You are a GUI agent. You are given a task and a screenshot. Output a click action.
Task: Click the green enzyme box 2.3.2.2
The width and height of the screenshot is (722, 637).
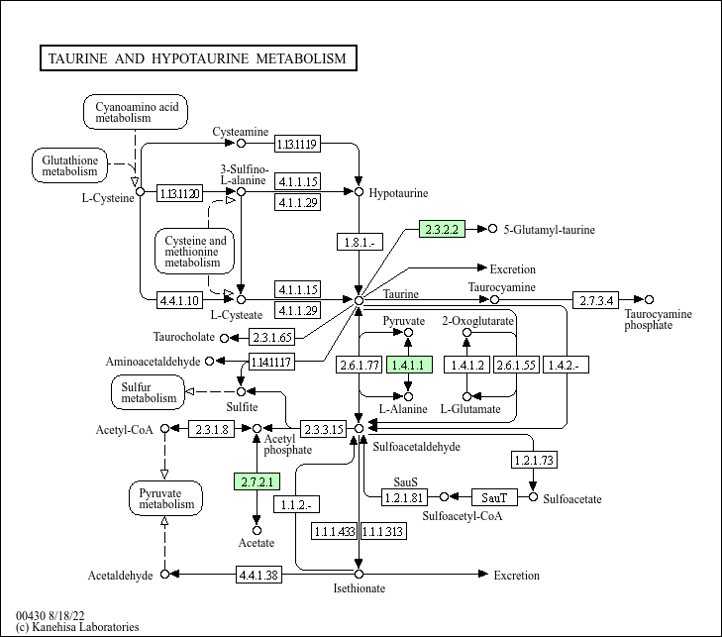pos(442,229)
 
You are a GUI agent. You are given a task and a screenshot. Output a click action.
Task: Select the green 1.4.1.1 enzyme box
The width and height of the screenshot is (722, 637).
pos(409,365)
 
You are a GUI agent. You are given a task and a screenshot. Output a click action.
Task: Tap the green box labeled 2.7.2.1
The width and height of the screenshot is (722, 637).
pos(257,481)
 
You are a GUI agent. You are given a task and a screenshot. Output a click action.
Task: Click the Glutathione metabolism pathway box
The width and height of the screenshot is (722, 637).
pos(69,165)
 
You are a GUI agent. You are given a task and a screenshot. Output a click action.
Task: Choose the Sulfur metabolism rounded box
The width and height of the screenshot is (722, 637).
pos(148,392)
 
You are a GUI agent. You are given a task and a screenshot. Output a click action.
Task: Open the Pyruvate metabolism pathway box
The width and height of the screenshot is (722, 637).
pos(165,498)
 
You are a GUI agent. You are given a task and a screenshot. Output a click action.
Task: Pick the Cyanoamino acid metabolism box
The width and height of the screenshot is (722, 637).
pos(136,112)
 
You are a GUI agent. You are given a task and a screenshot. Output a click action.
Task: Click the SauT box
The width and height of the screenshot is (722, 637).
pos(494,497)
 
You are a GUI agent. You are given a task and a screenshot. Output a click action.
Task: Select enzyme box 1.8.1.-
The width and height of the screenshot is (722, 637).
pos(361,242)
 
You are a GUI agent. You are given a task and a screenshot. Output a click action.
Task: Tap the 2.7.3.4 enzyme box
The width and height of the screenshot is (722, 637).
pos(596,300)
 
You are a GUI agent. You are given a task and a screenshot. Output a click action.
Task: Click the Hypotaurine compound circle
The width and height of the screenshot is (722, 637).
pos(359,191)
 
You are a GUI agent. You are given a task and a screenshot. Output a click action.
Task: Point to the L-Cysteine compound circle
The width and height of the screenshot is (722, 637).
pos(140,191)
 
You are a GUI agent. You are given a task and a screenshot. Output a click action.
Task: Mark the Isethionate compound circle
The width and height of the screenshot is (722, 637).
pos(359,574)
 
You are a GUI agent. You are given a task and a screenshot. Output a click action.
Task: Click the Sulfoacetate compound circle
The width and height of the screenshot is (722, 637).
pos(533,497)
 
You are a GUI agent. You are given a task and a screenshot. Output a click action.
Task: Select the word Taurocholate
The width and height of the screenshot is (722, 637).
pos(184,337)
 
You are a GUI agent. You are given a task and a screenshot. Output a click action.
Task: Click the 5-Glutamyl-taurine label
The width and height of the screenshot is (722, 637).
pos(549,230)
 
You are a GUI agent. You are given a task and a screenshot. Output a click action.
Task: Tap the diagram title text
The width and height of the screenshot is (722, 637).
pos(197,58)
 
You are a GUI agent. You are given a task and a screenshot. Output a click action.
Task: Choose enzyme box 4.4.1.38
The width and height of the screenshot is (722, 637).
pos(258,575)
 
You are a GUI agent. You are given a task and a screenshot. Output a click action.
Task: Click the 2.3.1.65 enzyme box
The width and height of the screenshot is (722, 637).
pos(271,337)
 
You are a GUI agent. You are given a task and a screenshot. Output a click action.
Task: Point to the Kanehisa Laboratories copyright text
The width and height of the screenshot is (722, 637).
pos(77,627)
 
